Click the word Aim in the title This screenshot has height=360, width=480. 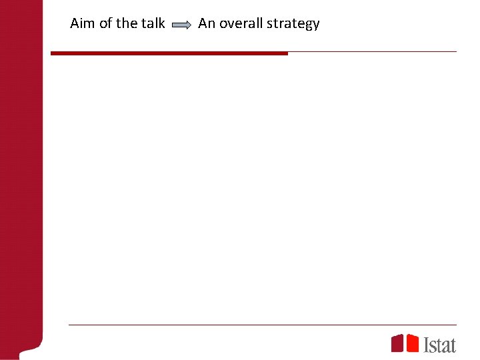click(x=83, y=23)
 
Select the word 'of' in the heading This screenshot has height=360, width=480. click(x=106, y=23)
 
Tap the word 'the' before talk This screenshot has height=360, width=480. click(x=127, y=23)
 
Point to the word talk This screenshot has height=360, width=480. click(x=153, y=23)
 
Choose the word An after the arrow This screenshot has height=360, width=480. click(x=207, y=23)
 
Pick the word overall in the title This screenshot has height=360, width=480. click(x=241, y=23)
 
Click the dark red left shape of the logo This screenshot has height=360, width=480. click(x=397, y=343)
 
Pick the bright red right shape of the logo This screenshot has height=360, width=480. click(x=412, y=343)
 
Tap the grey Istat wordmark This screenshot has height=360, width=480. click(x=440, y=344)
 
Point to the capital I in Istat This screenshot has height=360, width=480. click(x=427, y=344)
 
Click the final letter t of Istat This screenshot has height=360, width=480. click(x=453, y=345)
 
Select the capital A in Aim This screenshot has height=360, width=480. click(x=75, y=23)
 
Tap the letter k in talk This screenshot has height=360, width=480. click(x=161, y=23)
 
